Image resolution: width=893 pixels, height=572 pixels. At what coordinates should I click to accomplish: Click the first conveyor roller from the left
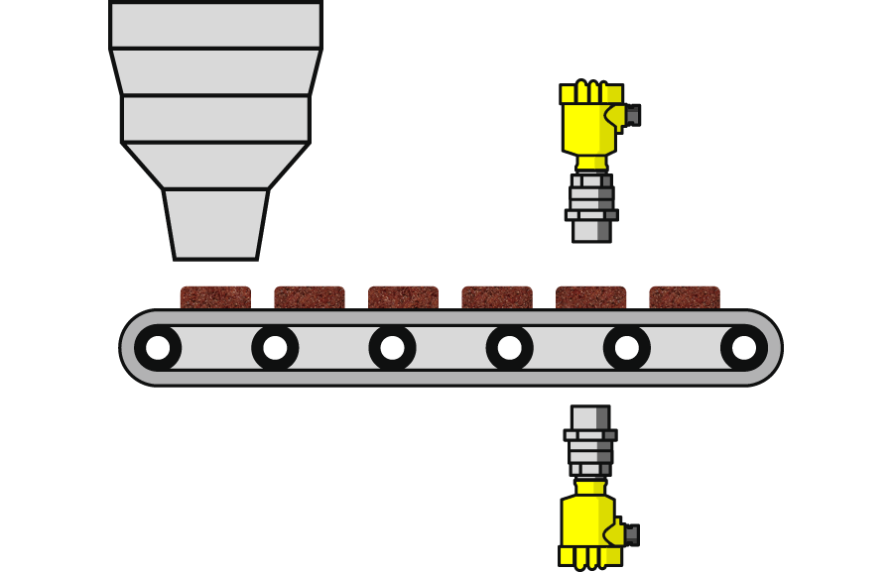(x=158, y=348)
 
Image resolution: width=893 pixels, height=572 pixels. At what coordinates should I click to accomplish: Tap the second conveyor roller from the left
(x=275, y=348)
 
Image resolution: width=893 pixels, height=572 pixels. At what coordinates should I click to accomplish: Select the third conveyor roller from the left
(x=392, y=348)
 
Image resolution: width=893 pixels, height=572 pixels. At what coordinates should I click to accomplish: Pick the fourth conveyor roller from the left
(x=509, y=348)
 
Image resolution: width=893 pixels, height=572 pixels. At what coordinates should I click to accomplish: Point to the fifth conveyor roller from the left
(x=626, y=348)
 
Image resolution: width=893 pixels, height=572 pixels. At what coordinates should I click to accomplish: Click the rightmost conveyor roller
(x=743, y=348)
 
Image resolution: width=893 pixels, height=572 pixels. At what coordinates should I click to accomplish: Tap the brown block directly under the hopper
(x=215, y=297)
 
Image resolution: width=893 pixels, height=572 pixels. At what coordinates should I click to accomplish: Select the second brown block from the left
(x=310, y=297)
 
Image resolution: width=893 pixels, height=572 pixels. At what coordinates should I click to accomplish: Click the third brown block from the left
(x=403, y=297)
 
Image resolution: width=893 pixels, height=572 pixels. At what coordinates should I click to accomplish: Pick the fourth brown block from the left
(x=497, y=297)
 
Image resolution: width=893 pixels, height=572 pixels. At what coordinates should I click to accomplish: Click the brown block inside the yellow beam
(x=591, y=297)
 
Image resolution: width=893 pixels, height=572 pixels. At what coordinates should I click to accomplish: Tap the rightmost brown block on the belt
(x=685, y=297)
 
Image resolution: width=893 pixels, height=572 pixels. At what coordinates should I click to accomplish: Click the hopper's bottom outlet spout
(x=215, y=224)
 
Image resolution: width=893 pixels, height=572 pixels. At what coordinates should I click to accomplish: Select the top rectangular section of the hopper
(x=215, y=25)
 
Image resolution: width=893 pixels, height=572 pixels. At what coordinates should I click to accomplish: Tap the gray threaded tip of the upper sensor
(x=591, y=228)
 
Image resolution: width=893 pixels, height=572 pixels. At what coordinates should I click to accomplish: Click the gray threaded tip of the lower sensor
(x=590, y=417)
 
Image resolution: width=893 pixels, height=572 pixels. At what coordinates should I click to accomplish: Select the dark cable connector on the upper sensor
(x=632, y=115)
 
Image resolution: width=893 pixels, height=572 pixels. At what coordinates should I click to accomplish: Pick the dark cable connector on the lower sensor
(x=631, y=534)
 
